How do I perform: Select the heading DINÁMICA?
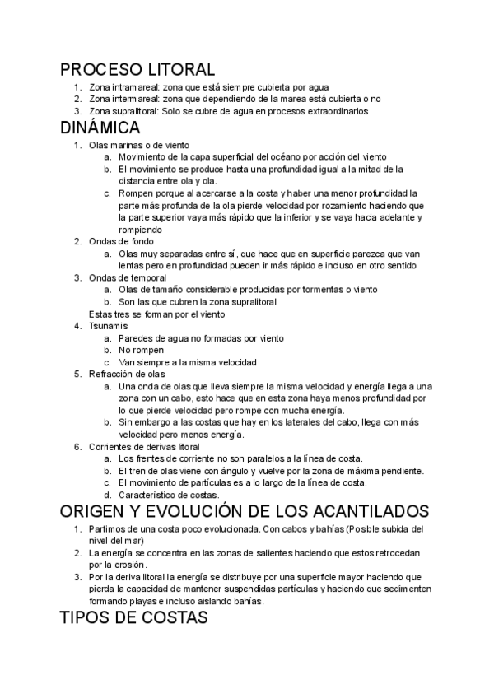[x=100, y=128]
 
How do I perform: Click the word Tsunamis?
[x=108, y=326]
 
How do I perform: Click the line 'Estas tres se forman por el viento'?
[x=156, y=314]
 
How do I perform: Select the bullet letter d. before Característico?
[x=107, y=495]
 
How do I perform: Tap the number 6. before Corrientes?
[x=77, y=446]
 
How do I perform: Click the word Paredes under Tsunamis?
[x=137, y=338]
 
